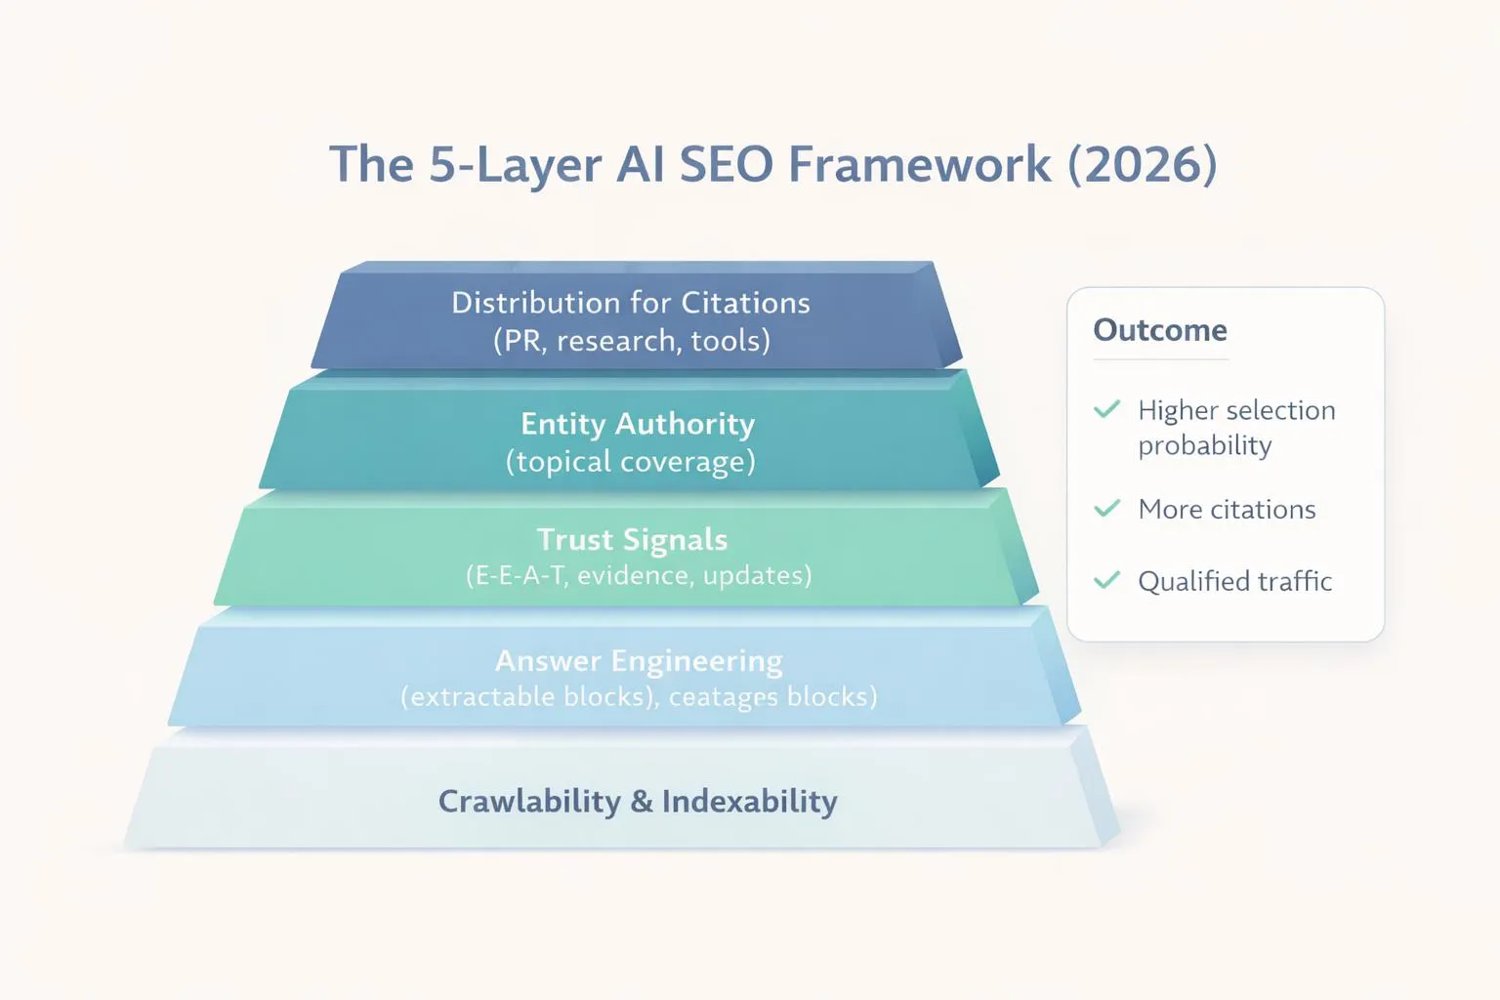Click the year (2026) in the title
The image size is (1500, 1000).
click(1142, 164)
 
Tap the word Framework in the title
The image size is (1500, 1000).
click(919, 164)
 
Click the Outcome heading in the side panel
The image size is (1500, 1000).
click(1160, 330)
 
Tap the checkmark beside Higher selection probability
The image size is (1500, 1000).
click(1106, 409)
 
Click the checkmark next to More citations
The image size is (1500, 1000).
click(1106, 509)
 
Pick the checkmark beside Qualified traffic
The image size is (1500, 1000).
click(1106, 581)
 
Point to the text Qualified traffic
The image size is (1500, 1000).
click(1234, 582)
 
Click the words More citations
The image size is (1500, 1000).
click(1227, 510)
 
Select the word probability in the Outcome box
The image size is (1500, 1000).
click(1204, 446)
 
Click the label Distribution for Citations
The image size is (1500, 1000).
click(631, 303)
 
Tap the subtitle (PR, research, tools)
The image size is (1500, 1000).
click(631, 341)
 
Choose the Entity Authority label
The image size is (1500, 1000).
click(638, 424)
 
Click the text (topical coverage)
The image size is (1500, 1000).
click(631, 462)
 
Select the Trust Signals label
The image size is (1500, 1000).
click(633, 540)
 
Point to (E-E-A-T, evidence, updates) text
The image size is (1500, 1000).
click(639, 575)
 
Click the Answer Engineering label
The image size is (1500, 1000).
click(639, 661)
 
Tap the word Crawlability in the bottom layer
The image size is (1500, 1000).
click(529, 802)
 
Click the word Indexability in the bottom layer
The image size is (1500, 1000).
click(749, 802)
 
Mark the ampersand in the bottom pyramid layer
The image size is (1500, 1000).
click(641, 802)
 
